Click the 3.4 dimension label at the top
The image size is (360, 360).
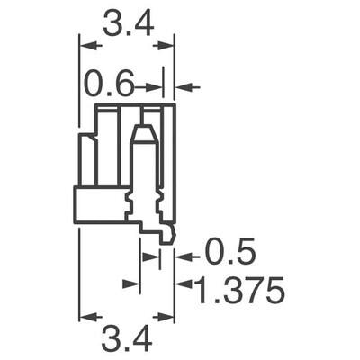[x=126, y=25]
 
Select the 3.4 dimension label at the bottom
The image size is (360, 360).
[x=126, y=339]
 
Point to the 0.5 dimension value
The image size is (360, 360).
[x=231, y=252]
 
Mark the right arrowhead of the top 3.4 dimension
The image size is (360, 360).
[x=168, y=42]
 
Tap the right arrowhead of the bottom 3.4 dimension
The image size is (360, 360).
[x=168, y=317]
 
